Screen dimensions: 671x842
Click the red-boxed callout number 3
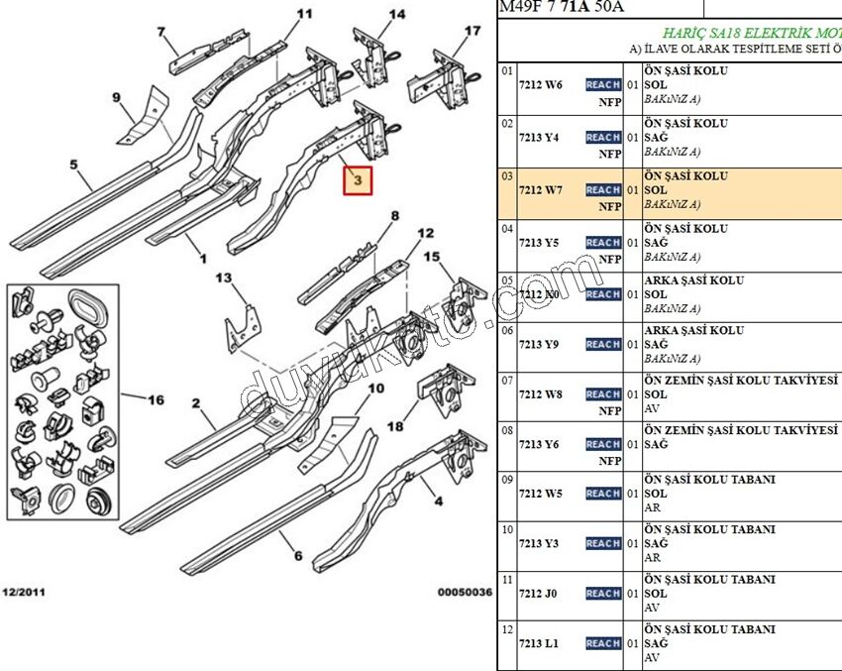pos(357,181)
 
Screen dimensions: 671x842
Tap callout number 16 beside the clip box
pos(156,400)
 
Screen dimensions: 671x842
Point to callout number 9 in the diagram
pos(116,97)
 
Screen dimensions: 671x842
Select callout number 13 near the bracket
pos(224,278)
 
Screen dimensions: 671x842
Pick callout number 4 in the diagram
pos(436,502)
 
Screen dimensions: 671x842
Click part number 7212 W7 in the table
pos(540,190)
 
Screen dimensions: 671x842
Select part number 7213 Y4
pos(540,138)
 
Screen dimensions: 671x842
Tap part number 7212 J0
pos(538,594)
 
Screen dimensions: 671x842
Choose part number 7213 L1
pos(539,644)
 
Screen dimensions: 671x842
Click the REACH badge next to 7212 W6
pos(603,85)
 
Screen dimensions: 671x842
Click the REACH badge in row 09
pos(603,494)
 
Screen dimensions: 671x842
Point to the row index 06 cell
pos(506,333)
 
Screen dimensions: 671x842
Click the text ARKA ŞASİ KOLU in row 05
pos(693,280)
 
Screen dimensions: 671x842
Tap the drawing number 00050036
pos(465,593)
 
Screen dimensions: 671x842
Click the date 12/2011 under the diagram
pos(23,593)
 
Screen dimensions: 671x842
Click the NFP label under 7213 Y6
pos(609,461)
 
